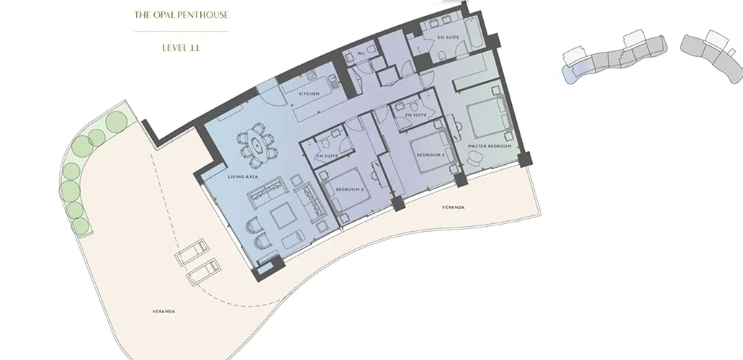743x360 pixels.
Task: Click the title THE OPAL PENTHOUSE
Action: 181,14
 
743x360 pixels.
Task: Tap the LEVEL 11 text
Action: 181,48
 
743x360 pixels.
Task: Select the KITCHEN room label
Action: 309,94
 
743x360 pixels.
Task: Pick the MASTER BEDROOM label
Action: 489,146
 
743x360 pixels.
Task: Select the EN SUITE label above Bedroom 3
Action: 327,156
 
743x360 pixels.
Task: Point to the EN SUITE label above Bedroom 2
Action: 416,115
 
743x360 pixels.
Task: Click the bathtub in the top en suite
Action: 474,34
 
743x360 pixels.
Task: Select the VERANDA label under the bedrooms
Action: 454,207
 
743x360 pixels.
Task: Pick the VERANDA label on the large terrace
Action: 164,311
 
